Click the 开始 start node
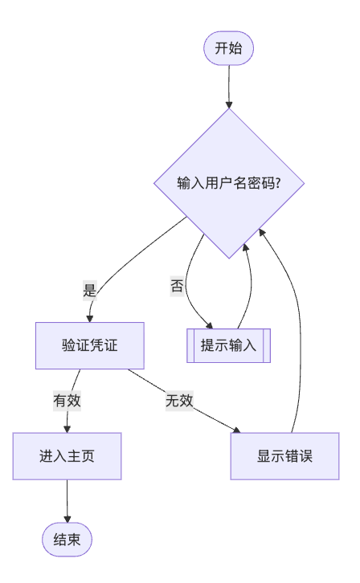point(228,48)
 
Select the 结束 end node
point(67,539)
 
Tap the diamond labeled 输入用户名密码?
point(228,183)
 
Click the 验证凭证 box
point(89,345)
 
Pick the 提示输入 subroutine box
point(228,346)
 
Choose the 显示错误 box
point(284,456)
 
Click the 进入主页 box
point(67,456)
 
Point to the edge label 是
point(89,291)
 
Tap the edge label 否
point(177,285)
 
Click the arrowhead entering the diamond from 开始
point(228,104)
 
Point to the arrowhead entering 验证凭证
point(89,318)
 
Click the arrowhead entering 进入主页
point(67,429)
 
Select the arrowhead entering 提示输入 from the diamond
point(210,326)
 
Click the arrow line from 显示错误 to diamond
point(303,337)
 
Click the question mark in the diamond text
point(276,183)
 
